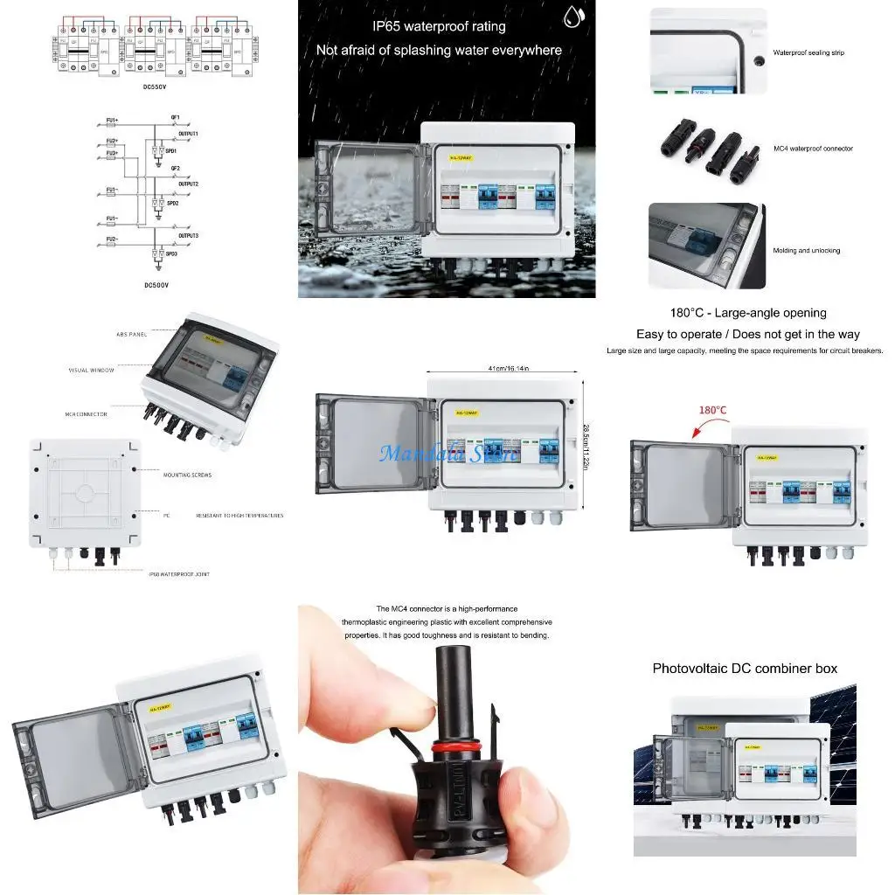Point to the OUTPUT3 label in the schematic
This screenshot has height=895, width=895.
188,236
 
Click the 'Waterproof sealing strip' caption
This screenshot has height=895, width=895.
808,53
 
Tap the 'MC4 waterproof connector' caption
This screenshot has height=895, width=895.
813,149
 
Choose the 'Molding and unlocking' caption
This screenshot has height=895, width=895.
806,251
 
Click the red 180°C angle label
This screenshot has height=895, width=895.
712,410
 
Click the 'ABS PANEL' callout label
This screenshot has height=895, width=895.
132,335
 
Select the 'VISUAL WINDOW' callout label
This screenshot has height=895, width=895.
93,371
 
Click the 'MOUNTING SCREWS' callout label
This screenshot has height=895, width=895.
187,475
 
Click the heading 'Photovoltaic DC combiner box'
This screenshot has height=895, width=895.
745,669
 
